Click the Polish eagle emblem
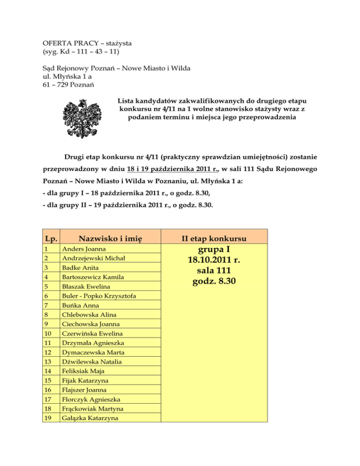84,121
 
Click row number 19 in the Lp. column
47,418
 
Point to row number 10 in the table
47,333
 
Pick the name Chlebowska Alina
87,315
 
